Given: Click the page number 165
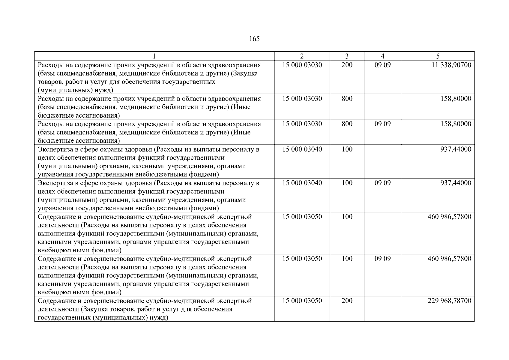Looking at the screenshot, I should pos(254,39).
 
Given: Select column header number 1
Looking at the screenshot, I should pos(154,56).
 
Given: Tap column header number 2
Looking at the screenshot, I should pos(302,56).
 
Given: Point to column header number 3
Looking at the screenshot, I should pos(347,56).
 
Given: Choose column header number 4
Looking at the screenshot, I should pos(382,56).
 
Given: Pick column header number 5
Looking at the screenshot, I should pos(438,56).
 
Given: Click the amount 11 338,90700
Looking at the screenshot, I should pos(451,65).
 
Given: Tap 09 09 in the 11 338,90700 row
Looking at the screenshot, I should pos(382,65).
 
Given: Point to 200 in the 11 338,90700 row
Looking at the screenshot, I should pos(347,65).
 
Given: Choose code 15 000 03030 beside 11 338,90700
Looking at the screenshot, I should pos(302,65).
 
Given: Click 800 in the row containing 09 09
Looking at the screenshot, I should pos(347,124).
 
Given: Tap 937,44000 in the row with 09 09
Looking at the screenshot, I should pos(456,183).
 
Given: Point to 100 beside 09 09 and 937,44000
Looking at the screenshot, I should pos(347,183).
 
